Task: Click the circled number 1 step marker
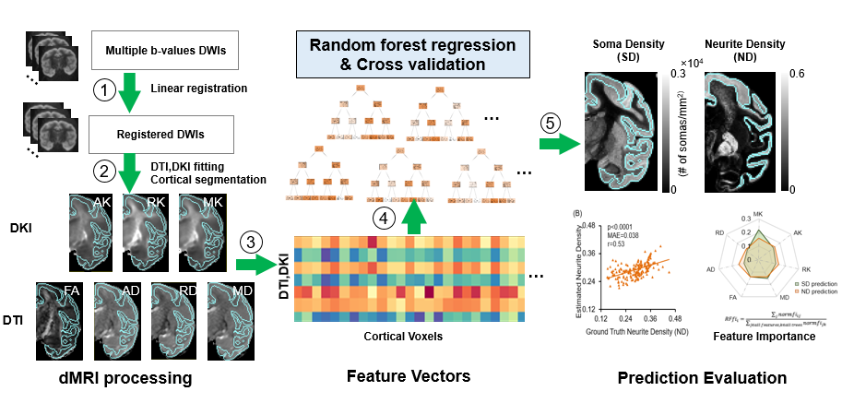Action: [106, 90]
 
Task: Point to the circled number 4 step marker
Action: [385, 219]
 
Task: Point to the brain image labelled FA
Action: [63, 320]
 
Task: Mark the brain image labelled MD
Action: [232, 320]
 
